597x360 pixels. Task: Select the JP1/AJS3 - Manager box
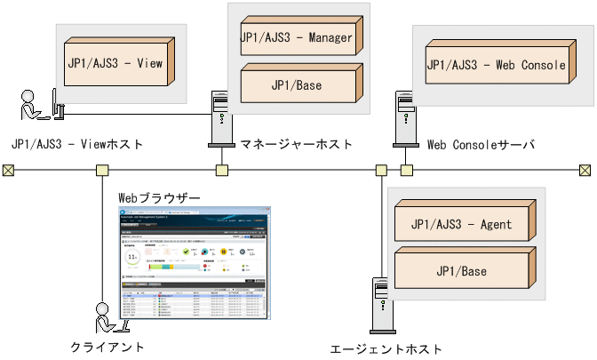pos(296,38)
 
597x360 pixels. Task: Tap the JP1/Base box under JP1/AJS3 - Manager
pos(296,86)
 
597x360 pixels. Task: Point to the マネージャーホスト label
pos(296,143)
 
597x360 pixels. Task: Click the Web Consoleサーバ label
pos(481,143)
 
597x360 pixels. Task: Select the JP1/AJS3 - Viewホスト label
pos(77,143)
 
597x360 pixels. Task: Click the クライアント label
pos(107,347)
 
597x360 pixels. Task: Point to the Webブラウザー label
pos(159,195)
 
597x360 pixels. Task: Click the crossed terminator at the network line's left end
pos(9,170)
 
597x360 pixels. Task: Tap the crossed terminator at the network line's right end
pos(585,170)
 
